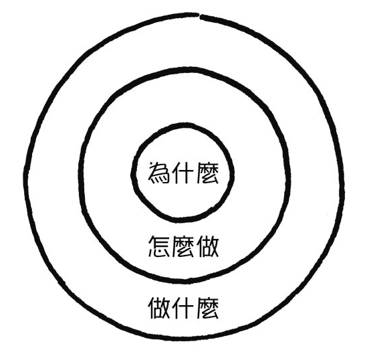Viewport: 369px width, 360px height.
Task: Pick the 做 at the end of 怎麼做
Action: coord(208,246)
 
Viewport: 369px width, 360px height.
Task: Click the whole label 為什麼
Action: coord(184,173)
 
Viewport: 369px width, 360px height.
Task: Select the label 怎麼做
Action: coord(184,246)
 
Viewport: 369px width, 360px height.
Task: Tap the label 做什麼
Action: coord(184,308)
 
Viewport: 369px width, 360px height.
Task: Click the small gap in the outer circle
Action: coord(199,15)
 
